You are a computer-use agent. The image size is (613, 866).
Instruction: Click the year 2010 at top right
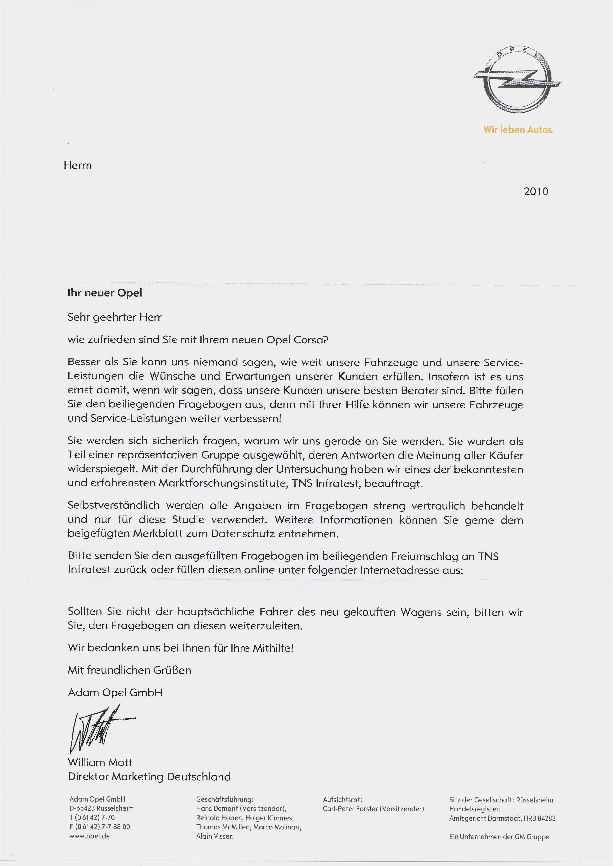(536, 192)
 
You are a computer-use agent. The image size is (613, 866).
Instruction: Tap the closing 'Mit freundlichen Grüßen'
(130, 670)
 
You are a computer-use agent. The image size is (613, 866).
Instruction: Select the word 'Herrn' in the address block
(78, 166)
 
